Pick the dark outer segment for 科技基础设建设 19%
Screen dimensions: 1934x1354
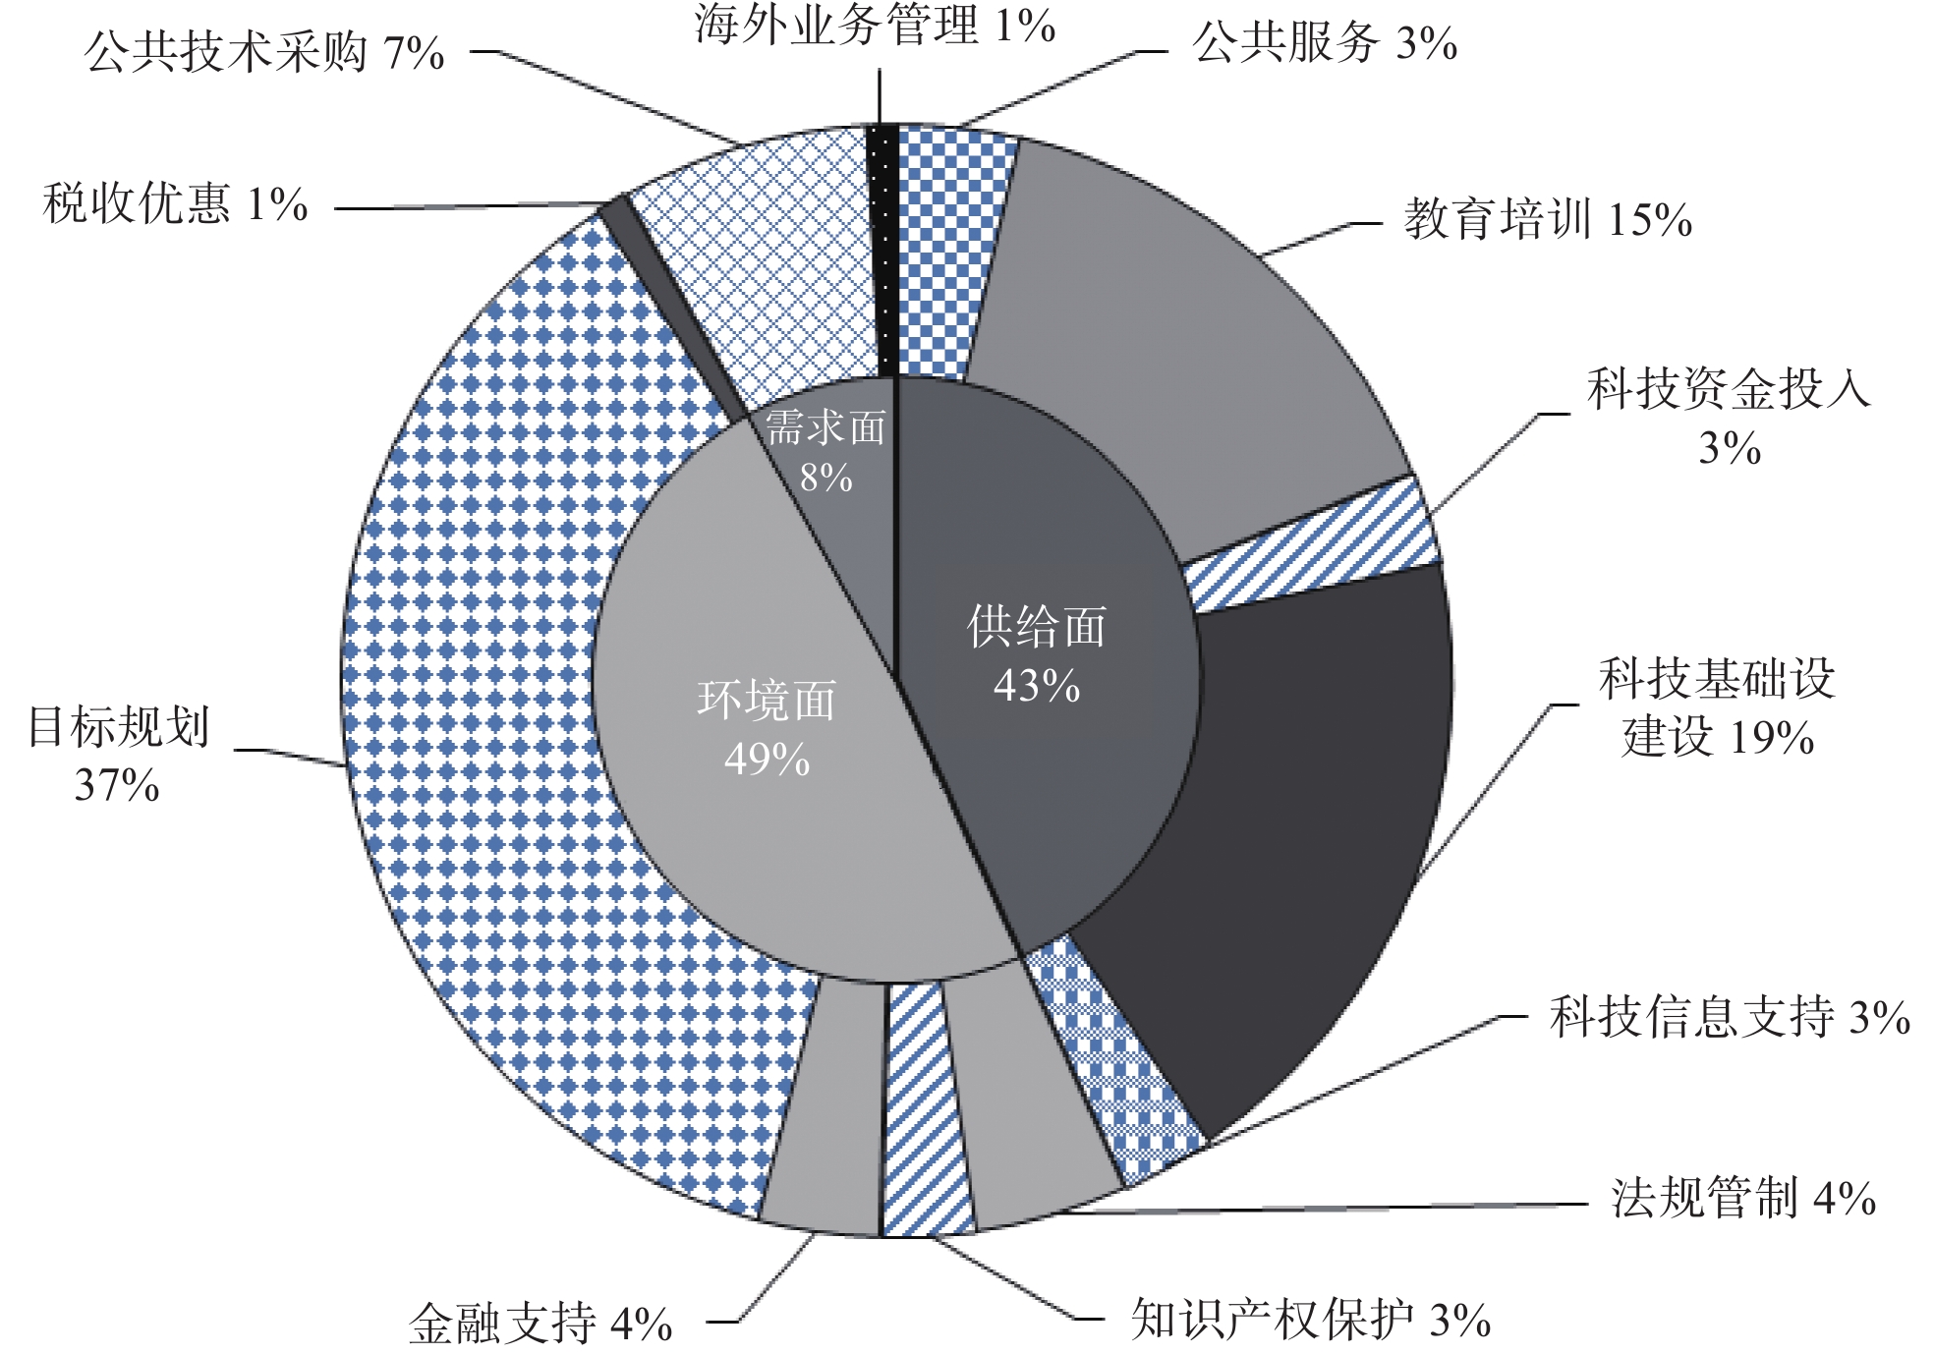coord(1307,835)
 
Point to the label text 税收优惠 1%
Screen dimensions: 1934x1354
coord(175,204)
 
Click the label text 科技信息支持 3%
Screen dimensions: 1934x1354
coord(1730,1017)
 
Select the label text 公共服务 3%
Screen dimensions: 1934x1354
coord(1324,43)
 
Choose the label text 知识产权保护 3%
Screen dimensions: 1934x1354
coord(1310,1320)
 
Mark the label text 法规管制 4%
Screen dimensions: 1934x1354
coord(1742,1198)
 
